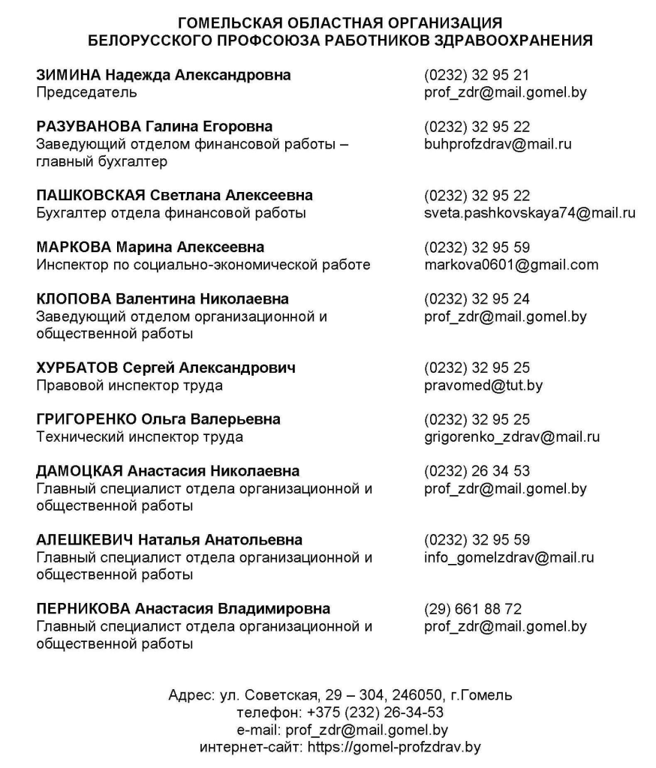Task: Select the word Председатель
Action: coord(86,93)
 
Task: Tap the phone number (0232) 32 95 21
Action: coord(477,75)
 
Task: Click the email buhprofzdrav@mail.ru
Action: coord(498,144)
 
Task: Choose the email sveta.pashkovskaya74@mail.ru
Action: coord(529,213)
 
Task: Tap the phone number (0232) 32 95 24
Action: coord(477,299)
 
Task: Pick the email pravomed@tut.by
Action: coord(483,385)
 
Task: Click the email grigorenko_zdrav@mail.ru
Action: coord(512,437)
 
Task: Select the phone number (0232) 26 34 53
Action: coord(477,472)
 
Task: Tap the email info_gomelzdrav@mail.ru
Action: coord(509,557)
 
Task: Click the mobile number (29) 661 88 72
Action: coord(473,609)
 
